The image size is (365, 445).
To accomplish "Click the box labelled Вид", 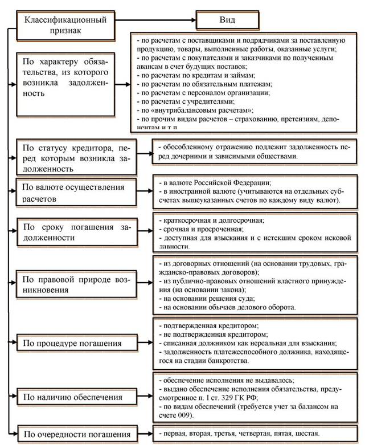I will click(x=227, y=21).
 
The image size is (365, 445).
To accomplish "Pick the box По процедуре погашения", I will click(x=76, y=344).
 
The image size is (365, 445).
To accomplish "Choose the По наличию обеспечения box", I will click(x=76, y=395).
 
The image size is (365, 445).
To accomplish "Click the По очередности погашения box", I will click(x=76, y=432).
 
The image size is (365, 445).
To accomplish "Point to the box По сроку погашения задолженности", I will click(x=76, y=232).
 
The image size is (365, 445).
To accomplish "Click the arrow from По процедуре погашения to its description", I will click(x=146, y=342).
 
